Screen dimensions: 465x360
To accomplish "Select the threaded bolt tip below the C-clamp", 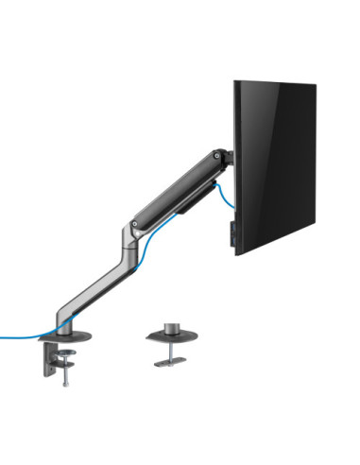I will [x=65, y=381].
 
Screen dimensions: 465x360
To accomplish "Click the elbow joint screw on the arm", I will [x=137, y=225].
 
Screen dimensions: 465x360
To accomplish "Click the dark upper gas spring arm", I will [x=180, y=189].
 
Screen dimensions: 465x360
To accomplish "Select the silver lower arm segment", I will [x=94, y=284].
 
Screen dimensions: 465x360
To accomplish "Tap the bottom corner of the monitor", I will [x=237, y=251].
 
